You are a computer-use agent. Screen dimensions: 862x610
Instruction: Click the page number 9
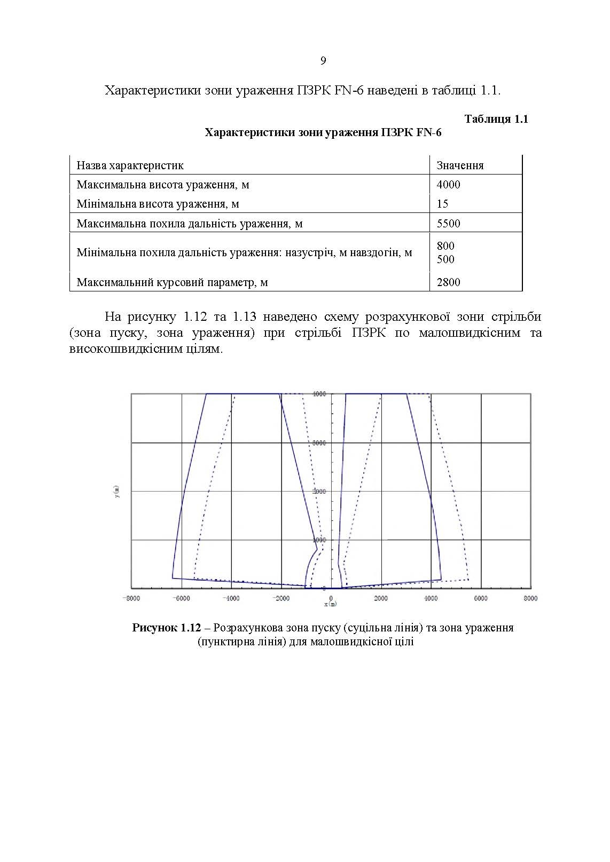point(323,61)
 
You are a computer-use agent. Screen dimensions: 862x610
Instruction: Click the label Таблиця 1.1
point(496,119)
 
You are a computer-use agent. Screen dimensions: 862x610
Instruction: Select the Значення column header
point(460,165)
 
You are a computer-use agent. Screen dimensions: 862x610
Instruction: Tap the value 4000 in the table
point(448,185)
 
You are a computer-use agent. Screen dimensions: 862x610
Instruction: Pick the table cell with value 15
point(442,204)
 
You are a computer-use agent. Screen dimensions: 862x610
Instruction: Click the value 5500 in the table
point(448,224)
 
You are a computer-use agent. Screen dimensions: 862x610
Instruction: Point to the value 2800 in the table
point(448,282)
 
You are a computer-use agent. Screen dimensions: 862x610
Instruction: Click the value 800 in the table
point(445,246)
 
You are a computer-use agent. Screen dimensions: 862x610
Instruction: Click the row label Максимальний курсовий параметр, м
point(172,282)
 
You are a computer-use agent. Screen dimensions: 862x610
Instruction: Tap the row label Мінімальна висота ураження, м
point(158,204)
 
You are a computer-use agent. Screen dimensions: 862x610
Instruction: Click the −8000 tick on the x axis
point(131,598)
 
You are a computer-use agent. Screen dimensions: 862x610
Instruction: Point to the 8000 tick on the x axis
point(530,598)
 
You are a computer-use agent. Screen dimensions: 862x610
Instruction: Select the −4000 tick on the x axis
point(231,598)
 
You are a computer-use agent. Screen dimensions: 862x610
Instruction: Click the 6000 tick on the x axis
point(481,598)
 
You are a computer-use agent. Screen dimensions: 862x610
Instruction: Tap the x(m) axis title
point(331,605)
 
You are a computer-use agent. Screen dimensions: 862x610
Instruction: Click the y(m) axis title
point(116,491)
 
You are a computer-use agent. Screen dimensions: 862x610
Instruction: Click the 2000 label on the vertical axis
point(320,492)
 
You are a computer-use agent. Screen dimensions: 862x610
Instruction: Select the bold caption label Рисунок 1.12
point(166,628)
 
